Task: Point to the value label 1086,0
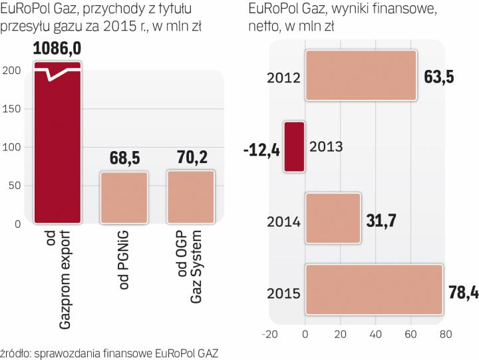point(58,51)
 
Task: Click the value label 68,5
point(124,160)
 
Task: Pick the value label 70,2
point(191,160)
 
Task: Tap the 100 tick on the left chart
point(13,147)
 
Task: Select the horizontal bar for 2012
point(360,75)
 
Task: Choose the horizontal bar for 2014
point(332,217)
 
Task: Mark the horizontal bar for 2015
point(373,289)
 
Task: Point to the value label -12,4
point(261,147)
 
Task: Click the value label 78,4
point(461,289)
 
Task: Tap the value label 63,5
point(439,76)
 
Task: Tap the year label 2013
point(327,147)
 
